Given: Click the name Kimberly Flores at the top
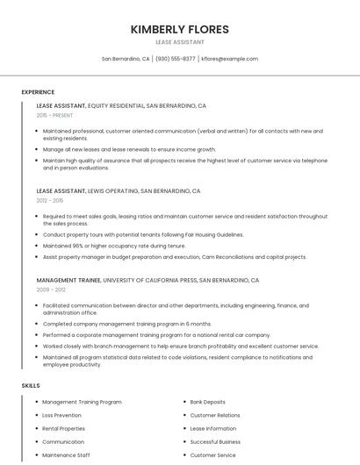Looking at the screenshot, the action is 179,29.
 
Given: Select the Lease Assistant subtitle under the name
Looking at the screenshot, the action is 179,42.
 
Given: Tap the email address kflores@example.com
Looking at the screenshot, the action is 229,59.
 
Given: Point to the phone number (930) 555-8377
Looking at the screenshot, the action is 176,59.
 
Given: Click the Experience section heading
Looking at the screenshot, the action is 38,92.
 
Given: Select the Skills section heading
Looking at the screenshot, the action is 31,385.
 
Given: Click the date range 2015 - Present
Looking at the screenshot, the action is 54,115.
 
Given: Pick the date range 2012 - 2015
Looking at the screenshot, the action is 50,200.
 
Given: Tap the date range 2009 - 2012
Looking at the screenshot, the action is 51,290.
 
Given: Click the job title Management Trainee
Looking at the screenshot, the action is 68,281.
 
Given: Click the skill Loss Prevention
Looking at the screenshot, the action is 61,415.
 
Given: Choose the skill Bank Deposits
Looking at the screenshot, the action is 207,402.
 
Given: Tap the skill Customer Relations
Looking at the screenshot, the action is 215,415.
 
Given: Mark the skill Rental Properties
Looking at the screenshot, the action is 63,428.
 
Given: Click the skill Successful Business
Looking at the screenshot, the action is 215,442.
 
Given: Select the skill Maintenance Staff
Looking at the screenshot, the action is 66,455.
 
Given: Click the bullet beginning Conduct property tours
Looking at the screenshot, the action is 143,235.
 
